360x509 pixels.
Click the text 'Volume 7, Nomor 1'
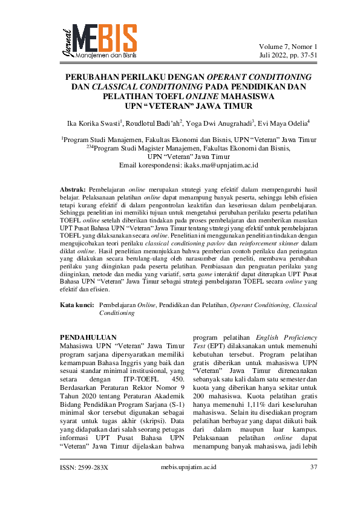pyautogui.click(x=288, y=47)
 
